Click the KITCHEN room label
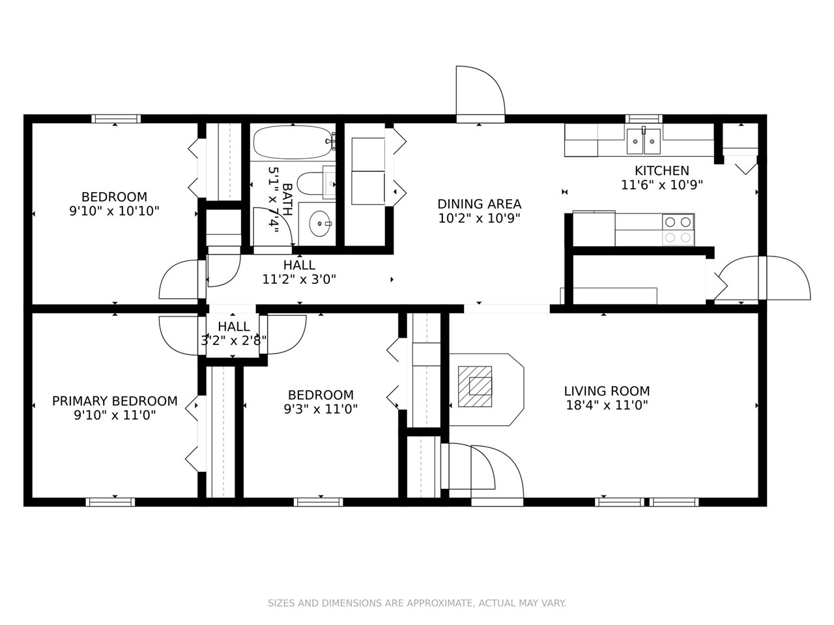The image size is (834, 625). (x=661, y=171)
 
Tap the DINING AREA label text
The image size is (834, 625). (x=479, y=204)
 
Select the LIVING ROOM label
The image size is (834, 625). (x=607, y=391)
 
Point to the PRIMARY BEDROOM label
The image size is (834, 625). (x=115, y=401)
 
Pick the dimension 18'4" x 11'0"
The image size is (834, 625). (x=607, y=406)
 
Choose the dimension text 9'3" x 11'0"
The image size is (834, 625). (x=321, y=409)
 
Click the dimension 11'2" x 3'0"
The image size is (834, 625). (x=300, y=279)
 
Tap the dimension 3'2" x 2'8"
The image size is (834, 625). (x=233, y=340)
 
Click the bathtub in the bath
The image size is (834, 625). (x=293, y=143)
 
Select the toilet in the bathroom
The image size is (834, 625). (x=316, y=183)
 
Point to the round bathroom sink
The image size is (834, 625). (x=320, y=223)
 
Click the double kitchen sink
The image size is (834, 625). (x=644, y=141)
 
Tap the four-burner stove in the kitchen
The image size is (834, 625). (x=678, y=230)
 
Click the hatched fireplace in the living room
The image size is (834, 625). (x=475, y=387)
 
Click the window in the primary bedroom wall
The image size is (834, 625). (x=110, y=502)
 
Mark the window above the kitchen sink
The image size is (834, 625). (x=644, y=118)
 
